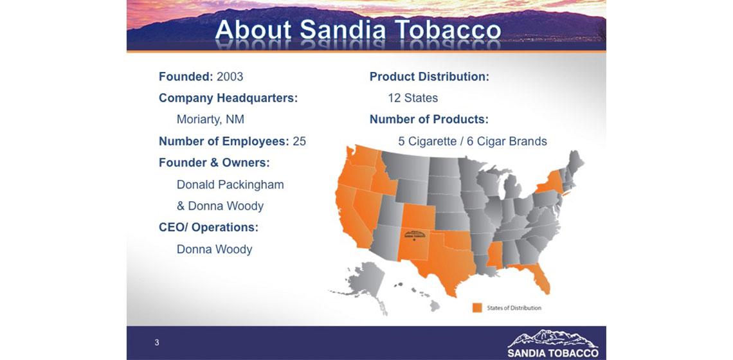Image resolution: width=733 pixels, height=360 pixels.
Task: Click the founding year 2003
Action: pyautogui.click(x=230, y=76)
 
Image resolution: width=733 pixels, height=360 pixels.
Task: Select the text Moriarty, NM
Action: pyautogui.click(x=210, y=120)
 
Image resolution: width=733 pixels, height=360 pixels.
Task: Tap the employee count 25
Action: pyautogui.click(x=299, y=141)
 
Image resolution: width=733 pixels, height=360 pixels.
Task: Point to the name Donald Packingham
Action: pyautogui.click(x=230, y=184)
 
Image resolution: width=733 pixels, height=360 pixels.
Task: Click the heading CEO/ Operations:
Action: pyautogui.click(x=208, y=228)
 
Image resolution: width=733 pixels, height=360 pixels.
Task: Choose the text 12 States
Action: pyautogui.click(x=413, y=98)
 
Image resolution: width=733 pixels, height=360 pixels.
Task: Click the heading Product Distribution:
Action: pyautogui.click(x=429, y=76)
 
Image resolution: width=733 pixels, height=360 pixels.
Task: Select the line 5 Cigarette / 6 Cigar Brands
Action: pyautogui.click(x=473, y=141)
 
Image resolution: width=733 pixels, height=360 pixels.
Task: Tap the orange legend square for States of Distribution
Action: pyautogui.click(x=477, y=308)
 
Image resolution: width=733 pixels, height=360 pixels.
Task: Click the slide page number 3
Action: pyautogui.click(x=157, y=343)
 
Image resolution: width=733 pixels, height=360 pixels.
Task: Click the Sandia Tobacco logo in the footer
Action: pyautogui.click(x=553, y=344)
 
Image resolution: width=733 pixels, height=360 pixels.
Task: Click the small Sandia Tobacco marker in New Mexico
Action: pyautogui.click(x=415, y=235)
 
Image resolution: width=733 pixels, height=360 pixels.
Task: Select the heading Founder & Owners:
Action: pyautogui.click(x=214, y=163)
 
